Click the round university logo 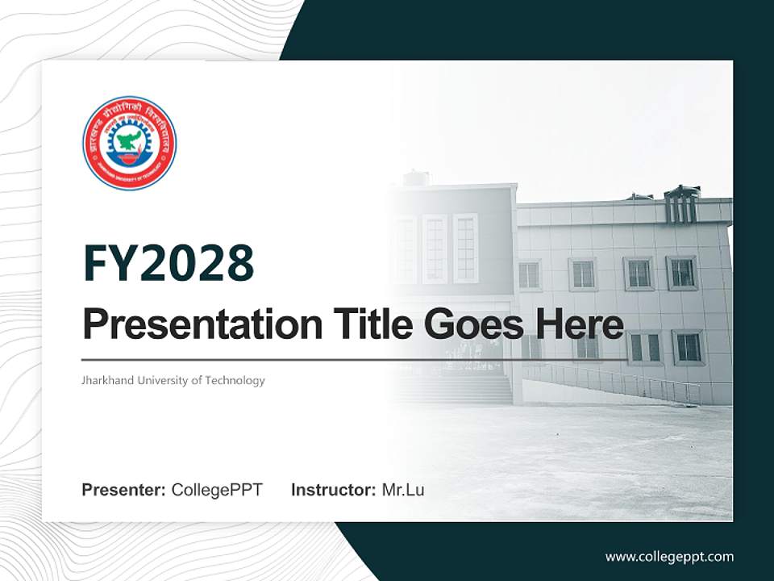coord(129,143)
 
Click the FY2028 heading coord(169,263)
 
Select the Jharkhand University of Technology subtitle coord(173,380)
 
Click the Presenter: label coord(124,490)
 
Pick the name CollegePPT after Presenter coord(217,490)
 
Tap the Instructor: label coord(333,490)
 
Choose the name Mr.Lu coord(403,490)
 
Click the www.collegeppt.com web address coord(669,556)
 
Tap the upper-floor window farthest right coord(682,273)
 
